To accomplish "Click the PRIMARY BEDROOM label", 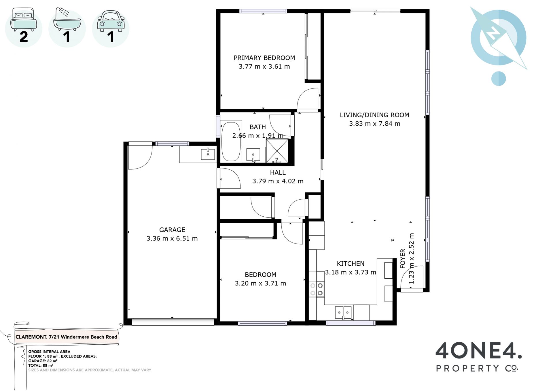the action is (264, 58).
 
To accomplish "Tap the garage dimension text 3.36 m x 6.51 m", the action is (172, 239).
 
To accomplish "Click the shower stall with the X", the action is (277, 151).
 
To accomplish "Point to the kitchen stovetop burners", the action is (317, 289).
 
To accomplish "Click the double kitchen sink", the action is (343, 313).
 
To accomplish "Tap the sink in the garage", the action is (208, 154).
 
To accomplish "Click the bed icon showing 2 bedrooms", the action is (24, 20).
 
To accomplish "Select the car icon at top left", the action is (111, 21).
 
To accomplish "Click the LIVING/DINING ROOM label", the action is (374, 115).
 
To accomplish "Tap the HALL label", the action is (278, 173).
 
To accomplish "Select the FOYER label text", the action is (403, 258).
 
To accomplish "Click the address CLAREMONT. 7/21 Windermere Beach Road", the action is (66, 337).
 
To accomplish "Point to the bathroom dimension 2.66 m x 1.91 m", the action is (258, 136).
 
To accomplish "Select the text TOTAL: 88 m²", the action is (41, 365).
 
